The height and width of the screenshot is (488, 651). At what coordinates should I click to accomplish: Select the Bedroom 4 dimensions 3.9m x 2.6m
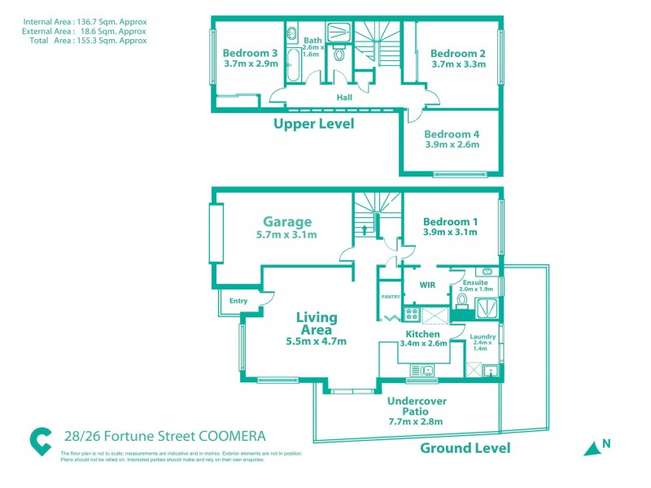point(452,146)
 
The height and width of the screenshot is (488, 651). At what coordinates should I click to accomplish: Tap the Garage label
point(286,221)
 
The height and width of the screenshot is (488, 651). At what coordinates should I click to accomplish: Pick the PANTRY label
point(391,297)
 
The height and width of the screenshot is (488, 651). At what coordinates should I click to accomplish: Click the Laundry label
point(483,336)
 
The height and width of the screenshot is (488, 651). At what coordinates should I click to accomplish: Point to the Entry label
point(238,301)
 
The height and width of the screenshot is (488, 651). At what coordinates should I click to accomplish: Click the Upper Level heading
point(313,124)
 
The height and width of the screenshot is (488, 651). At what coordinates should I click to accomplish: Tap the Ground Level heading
point(465,447)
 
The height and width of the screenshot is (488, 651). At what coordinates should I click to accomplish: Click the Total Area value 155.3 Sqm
point(121,39)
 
